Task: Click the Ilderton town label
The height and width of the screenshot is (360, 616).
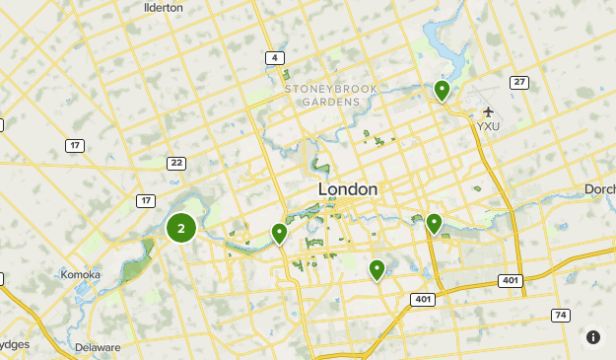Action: tap(164, 7)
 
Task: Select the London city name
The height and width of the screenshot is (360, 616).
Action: tap(348, 188)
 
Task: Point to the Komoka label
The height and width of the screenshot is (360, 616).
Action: tap(82, 274)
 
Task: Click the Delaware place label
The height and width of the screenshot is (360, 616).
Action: tap(97, 347)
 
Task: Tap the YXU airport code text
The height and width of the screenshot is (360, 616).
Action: tap(489, 126)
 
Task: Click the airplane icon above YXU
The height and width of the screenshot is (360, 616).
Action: tap(488, 110)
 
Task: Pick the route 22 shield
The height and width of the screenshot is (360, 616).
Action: tap(176, 163)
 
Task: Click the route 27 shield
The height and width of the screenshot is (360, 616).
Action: tap(518, 82)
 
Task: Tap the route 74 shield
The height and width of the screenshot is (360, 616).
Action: tap(560, 315)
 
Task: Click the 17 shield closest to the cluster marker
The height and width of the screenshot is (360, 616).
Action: tap(146, 201)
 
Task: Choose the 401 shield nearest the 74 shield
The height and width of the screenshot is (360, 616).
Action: tap(510, 281)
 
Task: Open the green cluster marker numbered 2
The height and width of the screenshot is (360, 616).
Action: tap(180, 228)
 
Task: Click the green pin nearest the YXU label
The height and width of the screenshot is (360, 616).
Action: tap(443, 91)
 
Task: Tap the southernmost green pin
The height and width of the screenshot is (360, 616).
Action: tap(376, 268)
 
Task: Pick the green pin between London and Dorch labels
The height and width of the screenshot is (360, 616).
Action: tap(434, 224)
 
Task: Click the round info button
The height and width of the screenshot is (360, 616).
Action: tap(592, 337)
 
